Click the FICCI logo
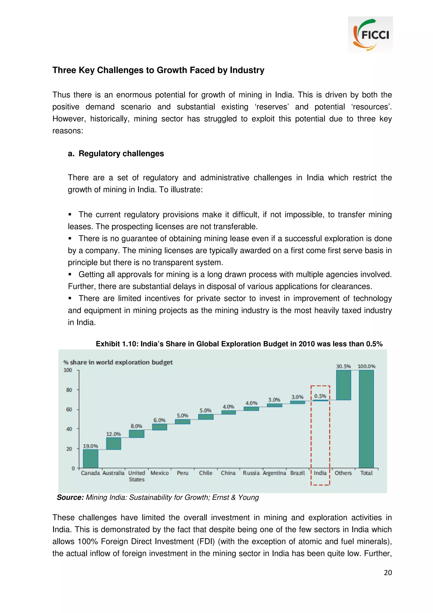370,34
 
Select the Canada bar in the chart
90,458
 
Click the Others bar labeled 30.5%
343,385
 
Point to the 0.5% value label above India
320,396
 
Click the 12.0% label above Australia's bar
113,434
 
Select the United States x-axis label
136,476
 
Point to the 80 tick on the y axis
69,390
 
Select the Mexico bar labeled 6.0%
160,427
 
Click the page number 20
388,572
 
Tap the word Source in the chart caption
70,497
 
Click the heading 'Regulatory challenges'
121,154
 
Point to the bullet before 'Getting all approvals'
70,275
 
